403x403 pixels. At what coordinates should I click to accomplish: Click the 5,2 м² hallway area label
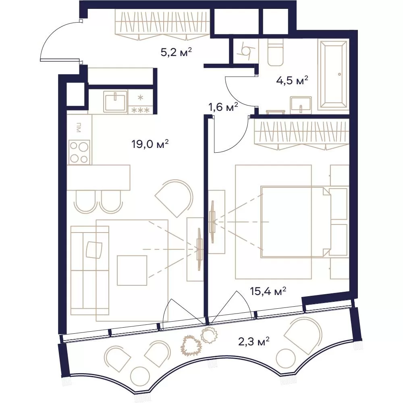(177, 52)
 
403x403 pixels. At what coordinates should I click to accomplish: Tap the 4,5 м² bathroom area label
(292, 81)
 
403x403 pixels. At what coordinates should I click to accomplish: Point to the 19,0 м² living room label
(150, 144)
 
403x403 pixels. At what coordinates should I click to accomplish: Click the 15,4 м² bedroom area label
(268, 291)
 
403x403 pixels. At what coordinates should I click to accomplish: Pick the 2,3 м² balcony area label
(254, 342)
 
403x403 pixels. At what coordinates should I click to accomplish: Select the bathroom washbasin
(301, 105)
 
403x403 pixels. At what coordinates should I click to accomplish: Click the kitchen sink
(115, 102)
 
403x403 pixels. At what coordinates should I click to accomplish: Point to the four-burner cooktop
(79, 152)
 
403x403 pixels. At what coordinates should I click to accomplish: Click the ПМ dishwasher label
(79, 127)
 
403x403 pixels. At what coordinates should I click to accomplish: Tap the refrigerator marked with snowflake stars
(140, 102)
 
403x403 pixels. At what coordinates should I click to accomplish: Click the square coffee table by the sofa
(132, 270)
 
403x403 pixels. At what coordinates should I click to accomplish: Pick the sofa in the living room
(89, 270)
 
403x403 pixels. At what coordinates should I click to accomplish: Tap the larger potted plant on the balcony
(191, 345)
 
